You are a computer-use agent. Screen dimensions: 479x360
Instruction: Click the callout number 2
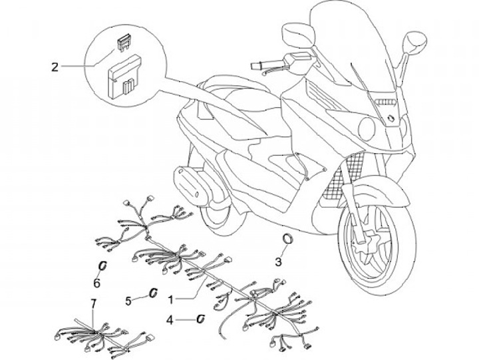tap(55, 66)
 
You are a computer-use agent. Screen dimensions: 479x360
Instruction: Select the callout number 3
tap(279, 262)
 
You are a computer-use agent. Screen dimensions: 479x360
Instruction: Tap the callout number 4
tap(170, 319)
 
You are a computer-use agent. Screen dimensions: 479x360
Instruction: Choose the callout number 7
tap(93, 303)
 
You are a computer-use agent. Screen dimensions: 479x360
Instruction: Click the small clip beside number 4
tap(199, 319)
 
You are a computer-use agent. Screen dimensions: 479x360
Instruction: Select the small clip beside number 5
tap(152, 293)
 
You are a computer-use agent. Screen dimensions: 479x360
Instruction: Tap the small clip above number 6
tap(102, 266)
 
